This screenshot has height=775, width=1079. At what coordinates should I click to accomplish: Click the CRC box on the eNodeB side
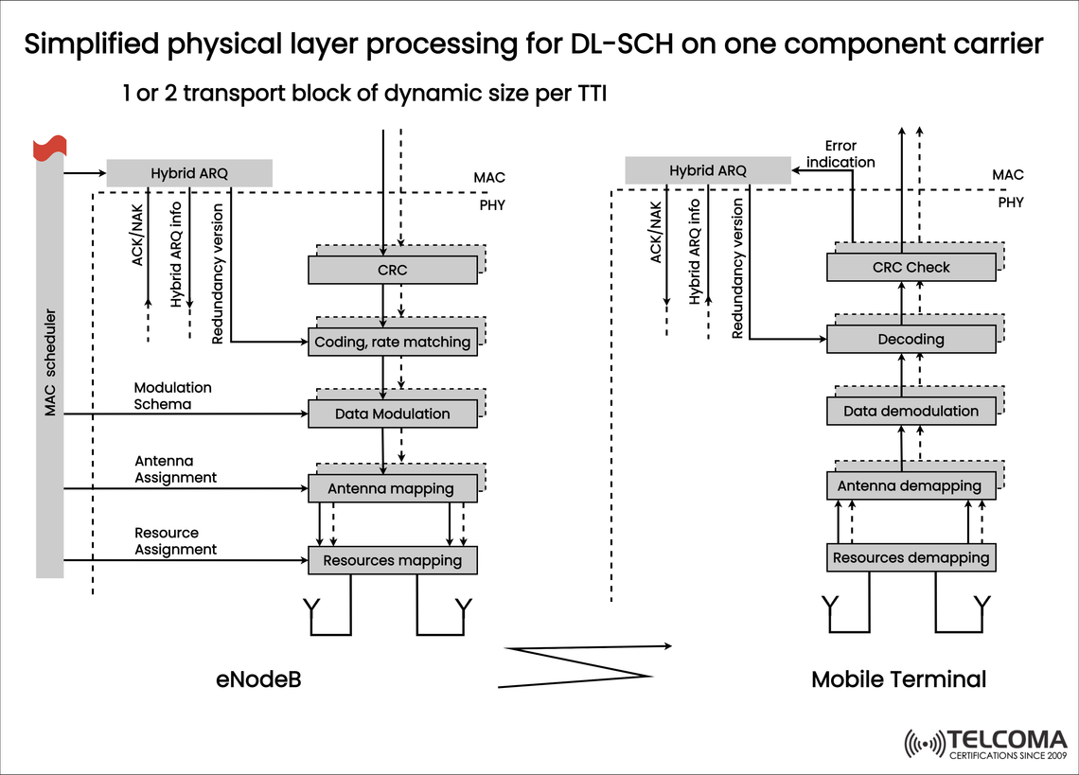(x=393, y=271)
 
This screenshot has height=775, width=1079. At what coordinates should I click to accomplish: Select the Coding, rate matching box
(x=393, y=342)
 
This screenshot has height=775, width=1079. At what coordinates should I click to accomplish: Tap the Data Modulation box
(x=393, y=414)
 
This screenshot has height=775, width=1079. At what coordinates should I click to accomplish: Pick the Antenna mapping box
(x=393, y=488)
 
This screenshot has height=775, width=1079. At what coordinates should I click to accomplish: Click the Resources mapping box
(x=393, y=560)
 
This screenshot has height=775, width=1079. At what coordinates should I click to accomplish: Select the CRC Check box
(x=911, y=268)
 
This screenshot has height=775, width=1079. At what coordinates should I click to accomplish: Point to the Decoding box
(x=911, y=339)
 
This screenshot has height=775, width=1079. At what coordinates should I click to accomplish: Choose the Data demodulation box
(x=911, y=411)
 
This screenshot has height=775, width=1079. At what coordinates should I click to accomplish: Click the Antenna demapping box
(x=911, y=485)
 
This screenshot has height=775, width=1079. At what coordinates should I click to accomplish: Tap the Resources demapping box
(x=911, y=557)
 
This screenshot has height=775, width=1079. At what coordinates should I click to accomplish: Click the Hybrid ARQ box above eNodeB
(x=189, y=173)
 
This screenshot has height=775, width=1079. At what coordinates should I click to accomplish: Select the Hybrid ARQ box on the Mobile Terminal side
(x=708, y=170)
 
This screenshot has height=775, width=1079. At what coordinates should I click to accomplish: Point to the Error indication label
(x=840, y=153)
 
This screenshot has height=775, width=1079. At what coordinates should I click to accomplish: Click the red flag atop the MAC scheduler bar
(x=49, y=148)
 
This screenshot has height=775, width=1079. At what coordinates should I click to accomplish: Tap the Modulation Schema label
(x=173, y=396)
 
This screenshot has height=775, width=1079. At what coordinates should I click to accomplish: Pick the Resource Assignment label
(x=175, y=541)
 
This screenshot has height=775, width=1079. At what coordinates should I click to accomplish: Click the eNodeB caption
(x=257, y=679)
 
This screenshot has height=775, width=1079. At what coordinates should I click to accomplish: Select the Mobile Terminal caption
(x=898, y=679)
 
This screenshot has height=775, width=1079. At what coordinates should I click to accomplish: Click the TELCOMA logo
(x=986, y=743)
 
